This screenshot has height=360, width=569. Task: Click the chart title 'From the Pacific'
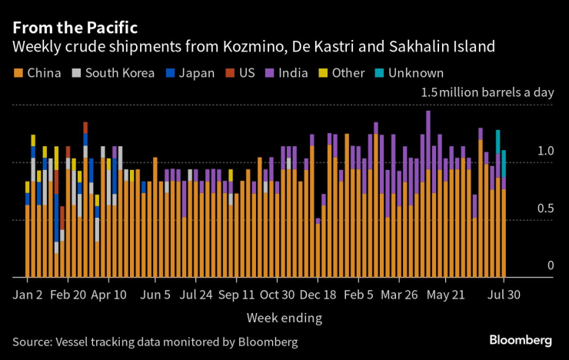pyautogui.click(x=75, y=27)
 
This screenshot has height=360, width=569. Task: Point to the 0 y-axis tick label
pyautogui.click(x=550, y=266)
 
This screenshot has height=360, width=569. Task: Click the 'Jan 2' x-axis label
pyautogui.click(x=28, y=295)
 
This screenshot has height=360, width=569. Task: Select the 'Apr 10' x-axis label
pyautogui.click(x=108, y=295)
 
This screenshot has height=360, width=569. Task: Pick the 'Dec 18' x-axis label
pyautogui.click(x=317, y=295)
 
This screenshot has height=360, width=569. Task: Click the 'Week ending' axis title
pyautogui.click(x=284, y=317)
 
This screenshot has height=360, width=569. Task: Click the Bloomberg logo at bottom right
pyautogui.click(x=521, y=339)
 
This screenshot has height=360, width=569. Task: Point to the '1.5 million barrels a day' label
pyautogui.click(x=487, y=92)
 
